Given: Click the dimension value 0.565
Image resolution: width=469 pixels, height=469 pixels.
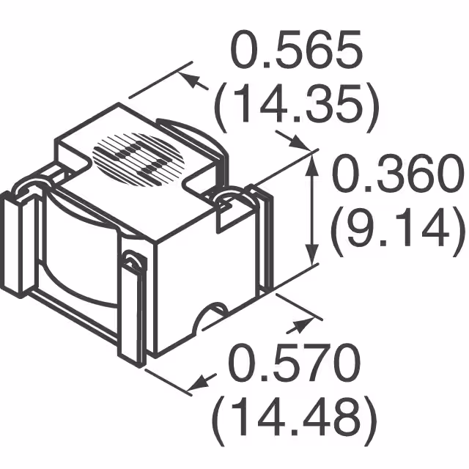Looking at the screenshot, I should [x=297, y=53].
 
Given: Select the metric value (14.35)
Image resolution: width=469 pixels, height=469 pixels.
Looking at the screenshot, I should [x=297, y=106].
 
